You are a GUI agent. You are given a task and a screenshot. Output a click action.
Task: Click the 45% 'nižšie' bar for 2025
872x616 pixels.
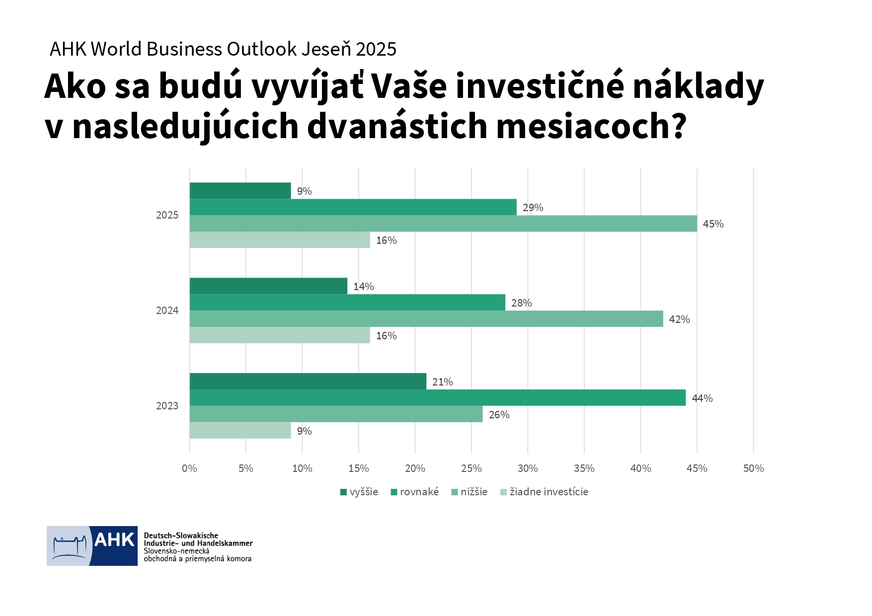click(443, 224)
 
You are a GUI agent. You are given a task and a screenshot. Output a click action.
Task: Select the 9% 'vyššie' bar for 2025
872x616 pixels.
click(240, 191)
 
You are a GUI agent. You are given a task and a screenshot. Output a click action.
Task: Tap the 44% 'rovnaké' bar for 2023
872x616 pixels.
click(437, 398)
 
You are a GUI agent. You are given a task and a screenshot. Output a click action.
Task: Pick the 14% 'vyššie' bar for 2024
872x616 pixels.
click(268, 286)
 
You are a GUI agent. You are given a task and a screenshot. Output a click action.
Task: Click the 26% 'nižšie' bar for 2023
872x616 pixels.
click(336, 414)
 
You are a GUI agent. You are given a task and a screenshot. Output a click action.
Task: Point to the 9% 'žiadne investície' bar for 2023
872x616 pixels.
click(240, 431)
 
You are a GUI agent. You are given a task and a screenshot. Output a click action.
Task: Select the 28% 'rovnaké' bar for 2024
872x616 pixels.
click(347, 303)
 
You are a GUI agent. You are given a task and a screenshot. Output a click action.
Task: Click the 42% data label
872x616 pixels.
click(679, 319)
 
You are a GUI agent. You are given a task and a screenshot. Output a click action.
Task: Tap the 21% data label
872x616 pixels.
click(442, 382)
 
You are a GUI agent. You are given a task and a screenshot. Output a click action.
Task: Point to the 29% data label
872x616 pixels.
click(533, 208)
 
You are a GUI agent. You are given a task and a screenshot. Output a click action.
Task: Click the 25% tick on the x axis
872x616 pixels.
click(471, 468)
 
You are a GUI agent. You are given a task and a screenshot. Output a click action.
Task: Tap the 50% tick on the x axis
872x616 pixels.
click(753, 468)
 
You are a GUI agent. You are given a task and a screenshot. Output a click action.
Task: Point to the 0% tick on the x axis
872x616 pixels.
click(189, 468)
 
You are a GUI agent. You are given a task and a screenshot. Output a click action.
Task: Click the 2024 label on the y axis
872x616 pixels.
click(167, 310)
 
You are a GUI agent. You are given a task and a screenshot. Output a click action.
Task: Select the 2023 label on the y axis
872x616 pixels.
click(167, 406)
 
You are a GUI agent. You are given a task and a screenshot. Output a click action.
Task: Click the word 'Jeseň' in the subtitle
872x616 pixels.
click(326, 49)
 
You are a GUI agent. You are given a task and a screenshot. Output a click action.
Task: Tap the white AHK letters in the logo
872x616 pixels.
click(114, 540)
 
